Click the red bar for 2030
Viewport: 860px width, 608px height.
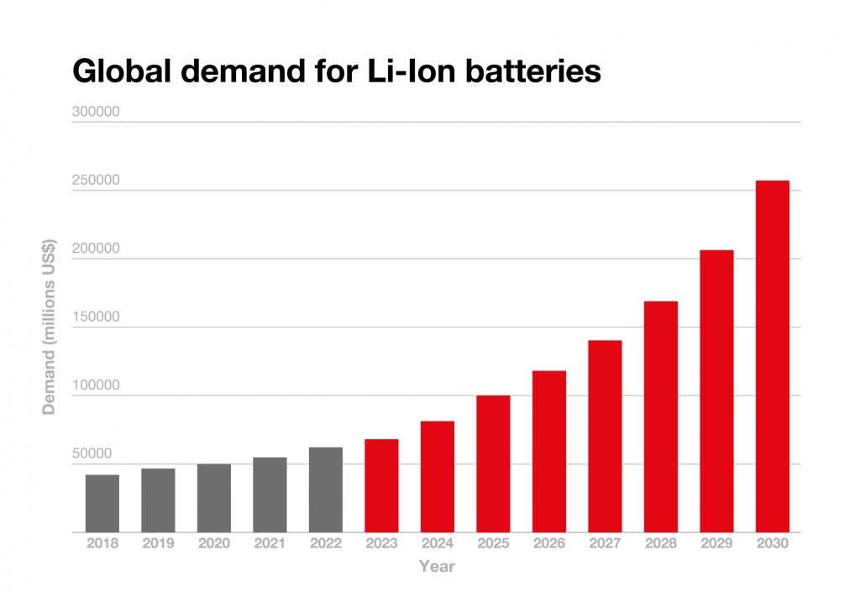point(772,356)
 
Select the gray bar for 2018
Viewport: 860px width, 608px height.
point(102,503)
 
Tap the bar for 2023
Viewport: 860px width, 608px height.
point(381,485)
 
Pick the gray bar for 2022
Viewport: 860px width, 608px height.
point(326,490)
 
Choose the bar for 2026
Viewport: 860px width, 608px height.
point(548,451)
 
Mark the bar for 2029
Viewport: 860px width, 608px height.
point(716,390)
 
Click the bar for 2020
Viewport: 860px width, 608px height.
point(214,498)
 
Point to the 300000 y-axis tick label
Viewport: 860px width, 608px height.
point(94,112)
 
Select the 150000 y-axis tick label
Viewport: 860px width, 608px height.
point(94,317)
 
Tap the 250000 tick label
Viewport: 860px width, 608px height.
point(94,181)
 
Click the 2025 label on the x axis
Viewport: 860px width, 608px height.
point(493,543)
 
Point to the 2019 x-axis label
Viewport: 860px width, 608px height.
point(158,543)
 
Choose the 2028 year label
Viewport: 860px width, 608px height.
point(660,543)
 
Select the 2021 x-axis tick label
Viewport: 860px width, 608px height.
point(270,543)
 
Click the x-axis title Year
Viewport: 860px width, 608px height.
point(437,567)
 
